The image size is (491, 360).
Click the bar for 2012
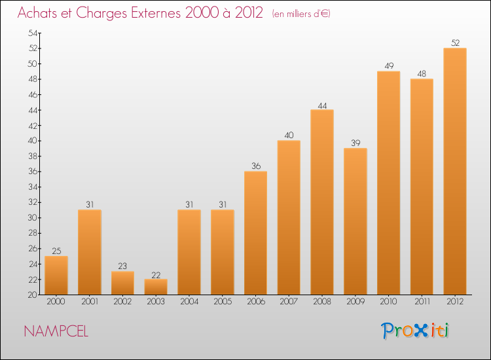tap(455, 171)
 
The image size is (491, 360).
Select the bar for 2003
tap(156, 287)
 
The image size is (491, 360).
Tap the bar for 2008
tap(322, 202)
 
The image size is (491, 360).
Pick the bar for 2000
tap(56, 276)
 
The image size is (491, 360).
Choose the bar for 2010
tap(388, 183)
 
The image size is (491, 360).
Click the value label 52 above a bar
tap(455, 43)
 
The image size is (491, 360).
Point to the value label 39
tap(355, 143)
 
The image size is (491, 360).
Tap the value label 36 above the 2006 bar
tap(255, 166)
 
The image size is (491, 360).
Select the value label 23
tap(122, 266)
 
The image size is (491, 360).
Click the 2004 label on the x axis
tap(189, 301)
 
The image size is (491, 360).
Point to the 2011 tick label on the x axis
tap(422, 301)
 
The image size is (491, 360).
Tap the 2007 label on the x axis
tap(289, 301)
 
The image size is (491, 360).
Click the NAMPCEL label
tap(56, 331)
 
